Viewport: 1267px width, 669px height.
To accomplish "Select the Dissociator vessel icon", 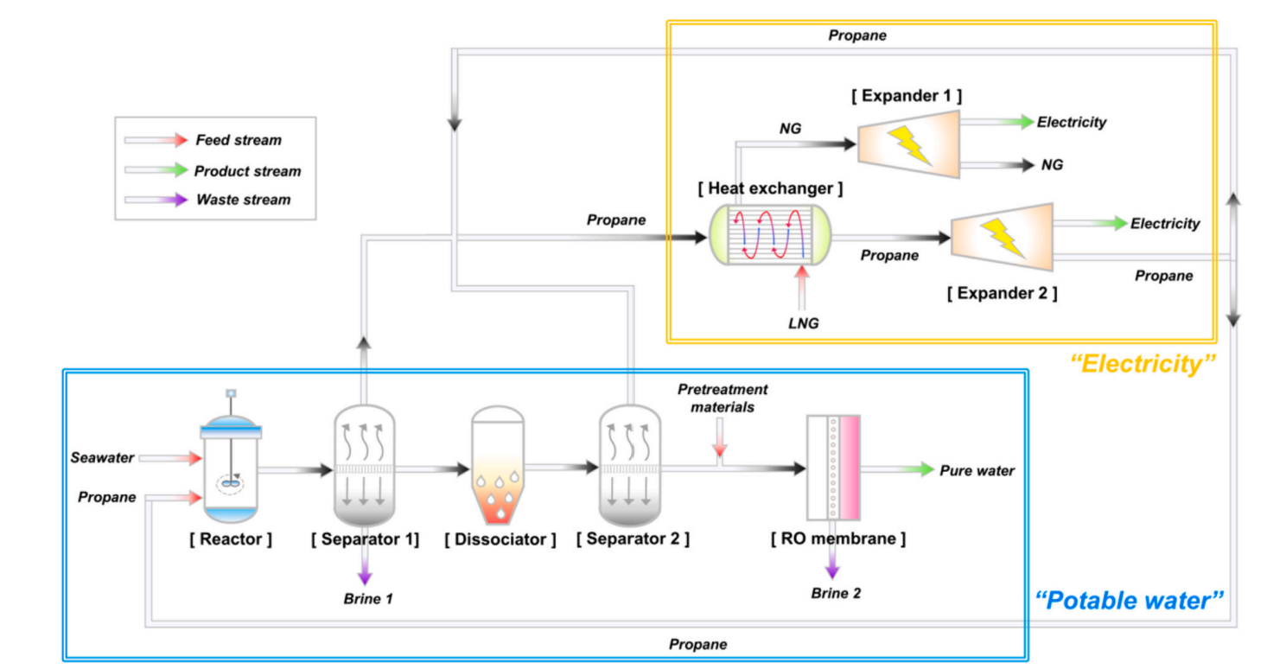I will [497, 465].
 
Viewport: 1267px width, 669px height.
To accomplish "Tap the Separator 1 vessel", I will [363, 467].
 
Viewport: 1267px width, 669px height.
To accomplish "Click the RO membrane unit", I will [833, 468].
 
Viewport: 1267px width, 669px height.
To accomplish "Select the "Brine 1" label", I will [368, 598].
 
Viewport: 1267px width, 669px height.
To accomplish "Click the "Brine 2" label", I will [836, 593].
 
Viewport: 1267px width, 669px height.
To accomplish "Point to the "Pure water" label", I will [977, 471].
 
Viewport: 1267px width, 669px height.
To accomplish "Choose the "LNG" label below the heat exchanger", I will [803, 323].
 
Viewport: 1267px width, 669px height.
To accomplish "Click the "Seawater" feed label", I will [102, 458].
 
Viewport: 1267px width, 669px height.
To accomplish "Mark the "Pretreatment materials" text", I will [722, 398].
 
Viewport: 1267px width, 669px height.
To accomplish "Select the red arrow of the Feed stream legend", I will [178, 139].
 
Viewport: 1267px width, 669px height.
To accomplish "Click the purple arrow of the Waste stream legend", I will [178, 200].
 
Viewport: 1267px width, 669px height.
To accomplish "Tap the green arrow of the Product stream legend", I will [178, 170].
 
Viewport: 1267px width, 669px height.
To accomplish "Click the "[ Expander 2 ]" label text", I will [1002, 293].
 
